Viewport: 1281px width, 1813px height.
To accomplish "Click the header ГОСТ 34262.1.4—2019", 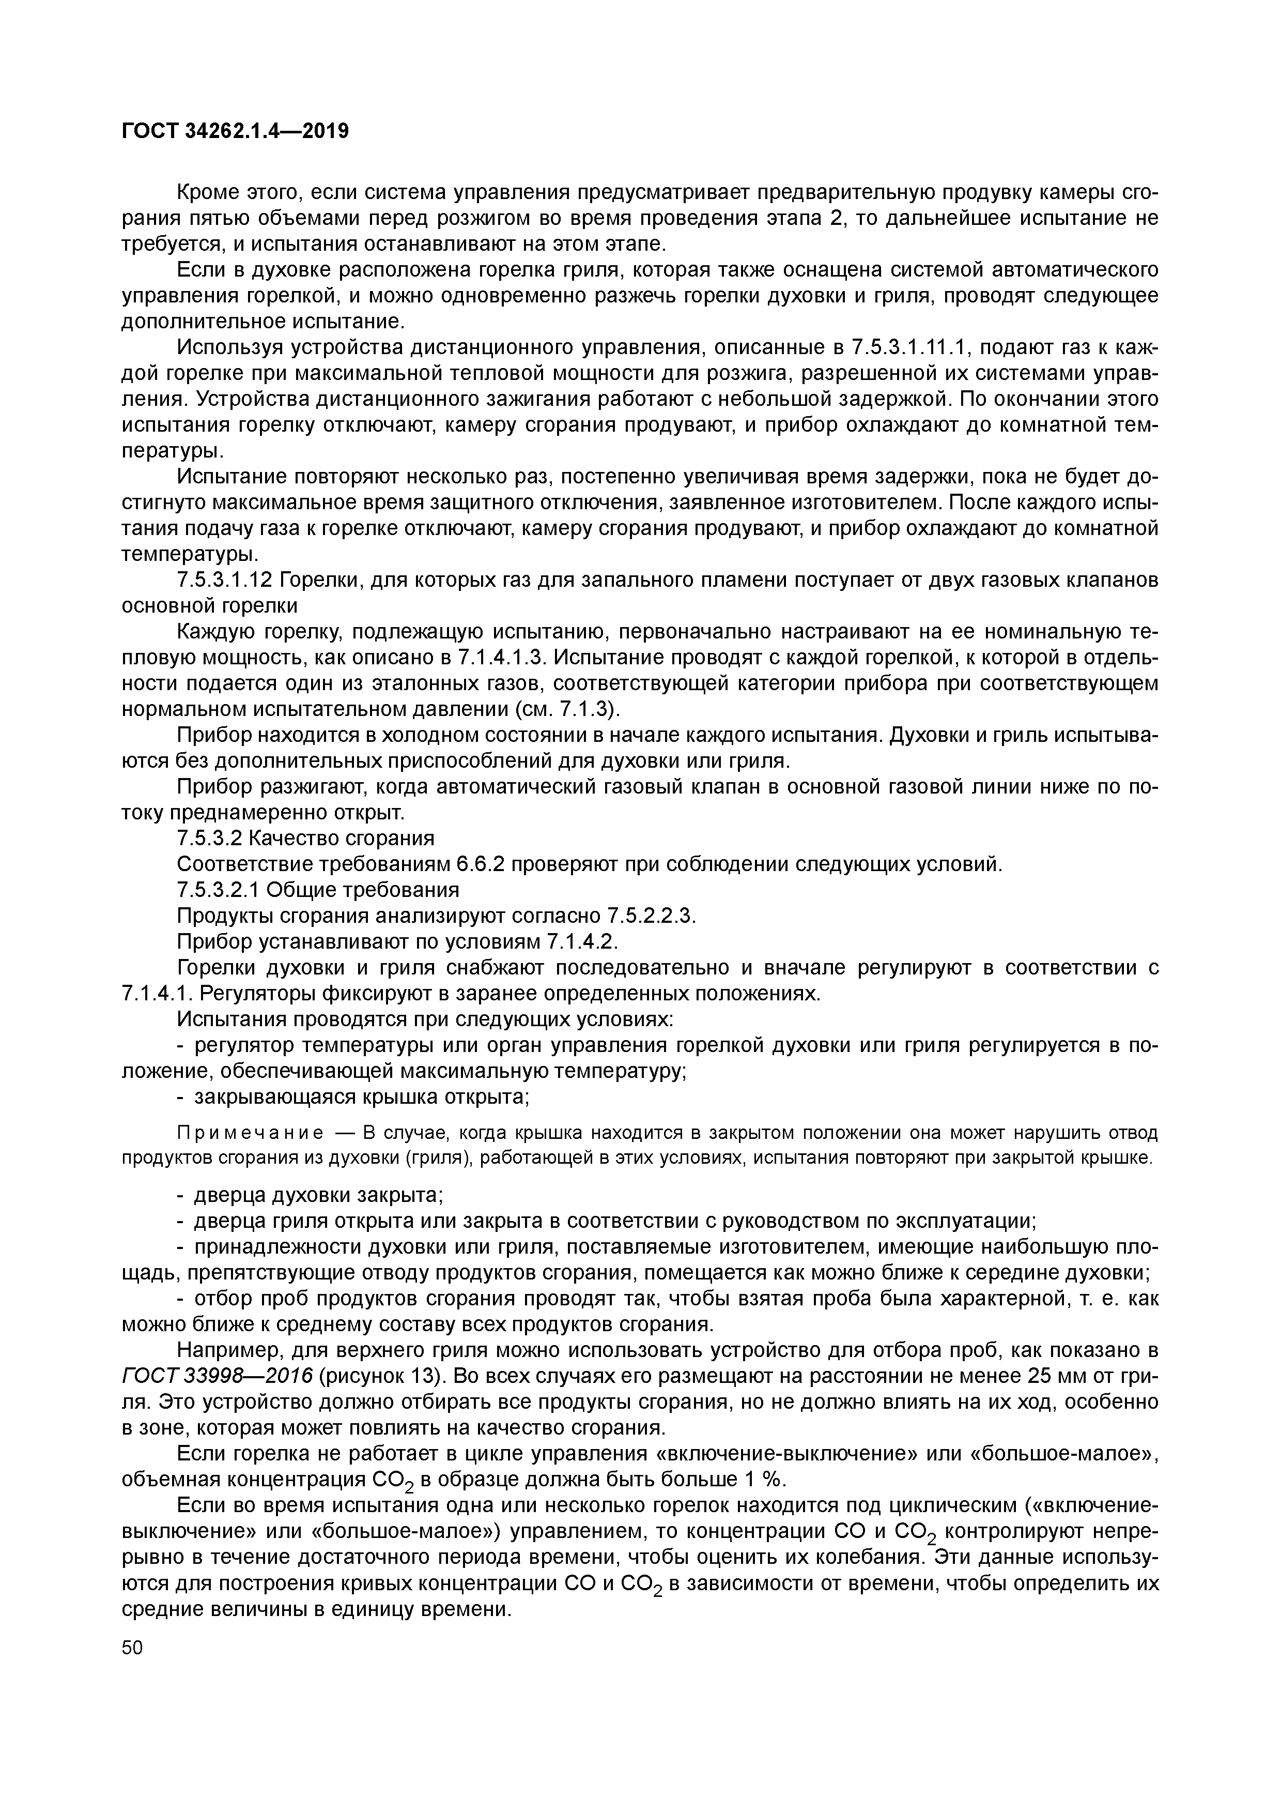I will coord(235,130).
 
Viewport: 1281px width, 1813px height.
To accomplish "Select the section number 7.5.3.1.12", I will coord(224,581).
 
